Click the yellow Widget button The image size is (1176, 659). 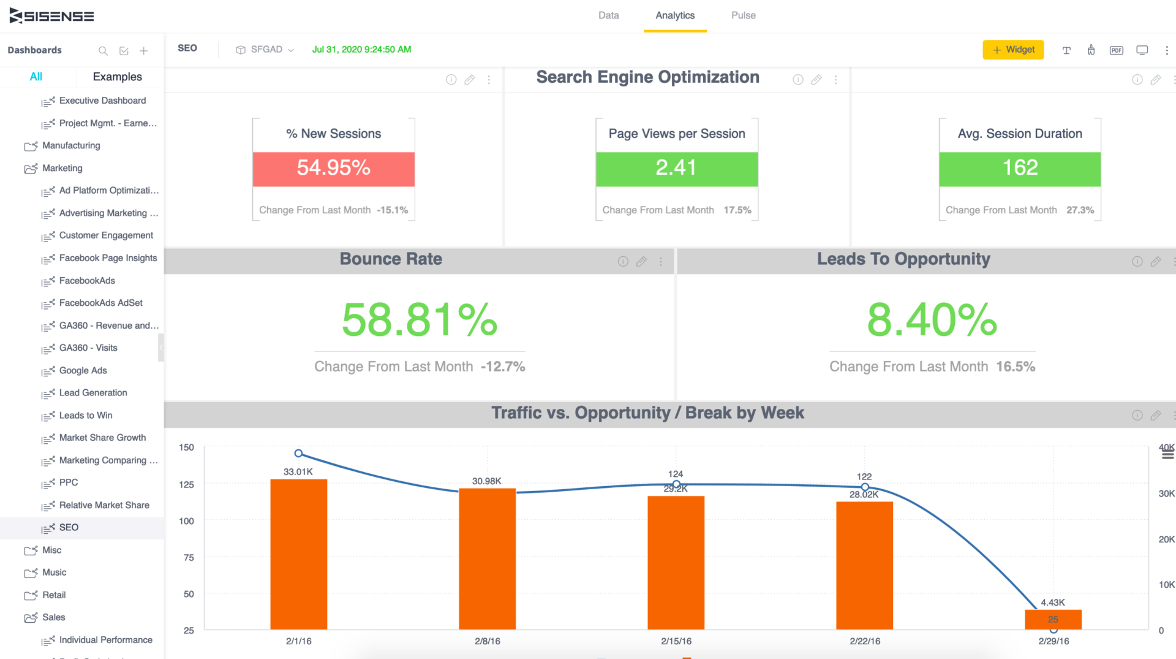coord(1013,50)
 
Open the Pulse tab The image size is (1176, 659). coord(743,15)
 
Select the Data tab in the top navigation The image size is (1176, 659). coord(608,15)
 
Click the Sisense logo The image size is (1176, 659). coord(52,16)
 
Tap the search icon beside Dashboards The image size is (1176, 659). coord(103,51)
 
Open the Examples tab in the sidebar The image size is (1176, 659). coord(117,77)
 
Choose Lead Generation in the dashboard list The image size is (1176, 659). coord(93,392)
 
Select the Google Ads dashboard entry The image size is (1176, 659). coord(83,370)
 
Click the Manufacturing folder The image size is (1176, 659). coord(71,145)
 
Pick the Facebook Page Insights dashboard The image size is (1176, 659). coord(108,258)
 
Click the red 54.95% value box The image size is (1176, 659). coord(333,169)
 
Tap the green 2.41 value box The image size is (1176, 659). coord(676,169)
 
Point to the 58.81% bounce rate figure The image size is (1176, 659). coord(420,319)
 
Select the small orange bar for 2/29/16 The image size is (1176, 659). coord(1053,619)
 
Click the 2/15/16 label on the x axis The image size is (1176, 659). coord(676,641)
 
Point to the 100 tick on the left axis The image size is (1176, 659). coord(186,521)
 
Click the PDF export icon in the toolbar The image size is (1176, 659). coord(1116,50)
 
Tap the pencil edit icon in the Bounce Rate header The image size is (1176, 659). coord(641,262)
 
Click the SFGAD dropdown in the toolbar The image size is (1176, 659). coord(265,50)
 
